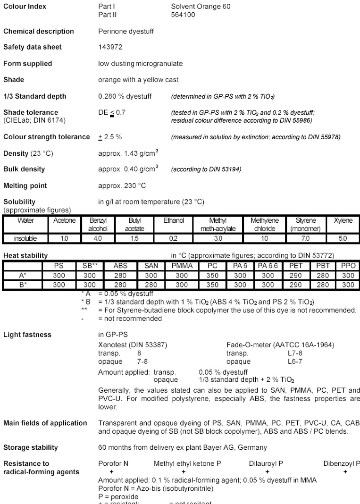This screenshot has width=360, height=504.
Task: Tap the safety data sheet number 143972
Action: tap(109, 47)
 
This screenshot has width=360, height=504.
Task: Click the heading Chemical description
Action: tap(39, 31)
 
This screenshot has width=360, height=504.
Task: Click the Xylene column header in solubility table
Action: tap(343, 220)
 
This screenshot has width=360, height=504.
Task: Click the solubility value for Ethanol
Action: tap(170, 239)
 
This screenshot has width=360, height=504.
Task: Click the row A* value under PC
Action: tap(212, 276)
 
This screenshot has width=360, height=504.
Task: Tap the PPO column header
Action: tap(348, 266)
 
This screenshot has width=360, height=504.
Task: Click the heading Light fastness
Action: tap(27, 335)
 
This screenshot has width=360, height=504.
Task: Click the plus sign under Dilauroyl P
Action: tap(267, 471)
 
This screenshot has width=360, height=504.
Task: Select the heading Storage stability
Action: tap(31, 447)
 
